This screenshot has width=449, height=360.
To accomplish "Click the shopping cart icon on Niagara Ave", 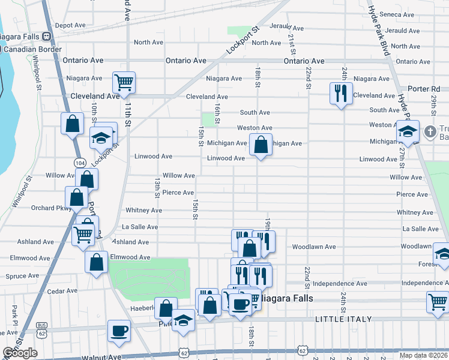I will pos(124,82).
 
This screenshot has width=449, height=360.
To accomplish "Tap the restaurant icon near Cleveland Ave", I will pos(340,92).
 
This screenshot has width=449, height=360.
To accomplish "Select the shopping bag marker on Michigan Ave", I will pos(261,145).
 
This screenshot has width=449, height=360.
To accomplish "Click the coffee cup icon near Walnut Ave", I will pos(119,331).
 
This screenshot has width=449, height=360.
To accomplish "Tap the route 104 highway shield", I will pos(79,163).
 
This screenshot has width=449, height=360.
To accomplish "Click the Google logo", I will pos(20,353).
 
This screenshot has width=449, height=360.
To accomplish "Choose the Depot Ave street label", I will pos(70,25).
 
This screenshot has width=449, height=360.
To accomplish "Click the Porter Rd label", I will pos(427,89).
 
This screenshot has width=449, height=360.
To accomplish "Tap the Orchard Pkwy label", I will pos(51,209).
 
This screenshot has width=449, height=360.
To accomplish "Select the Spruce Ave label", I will pos(22,276).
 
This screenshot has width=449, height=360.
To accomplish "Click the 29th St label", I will pos(433,101).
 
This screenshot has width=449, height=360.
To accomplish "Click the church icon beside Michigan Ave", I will pos(430,131).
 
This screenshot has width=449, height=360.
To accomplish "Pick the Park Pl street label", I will pos(14,311).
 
